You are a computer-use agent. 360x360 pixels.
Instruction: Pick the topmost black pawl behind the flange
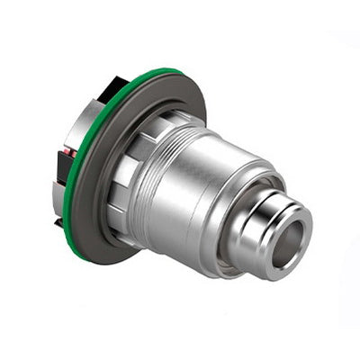112,87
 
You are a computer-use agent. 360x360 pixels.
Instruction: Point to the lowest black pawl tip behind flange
58,219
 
